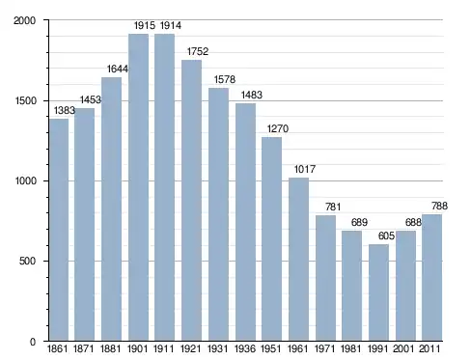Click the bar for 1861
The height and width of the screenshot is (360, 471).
(59, 230)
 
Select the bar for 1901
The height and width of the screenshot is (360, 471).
(138, 187)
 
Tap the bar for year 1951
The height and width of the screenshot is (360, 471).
(271, 239)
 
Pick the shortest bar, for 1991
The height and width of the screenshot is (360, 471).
(378, 292)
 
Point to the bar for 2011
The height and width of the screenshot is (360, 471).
(431, 278)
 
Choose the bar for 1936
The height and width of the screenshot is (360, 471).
(245, 222)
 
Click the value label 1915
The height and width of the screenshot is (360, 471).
(145, 25)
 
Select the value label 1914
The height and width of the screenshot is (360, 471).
(171, 25)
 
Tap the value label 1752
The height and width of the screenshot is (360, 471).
(198, 51)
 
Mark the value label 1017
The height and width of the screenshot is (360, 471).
(305, 169)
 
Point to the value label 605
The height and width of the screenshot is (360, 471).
(386, 236)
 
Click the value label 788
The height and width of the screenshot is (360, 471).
(439, 207)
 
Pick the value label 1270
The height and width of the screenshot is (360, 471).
(278, 129)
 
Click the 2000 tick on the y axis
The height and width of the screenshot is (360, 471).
(24, 20)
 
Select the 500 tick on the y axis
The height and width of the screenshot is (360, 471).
(27, 261)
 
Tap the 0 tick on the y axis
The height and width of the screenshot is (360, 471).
(33, 342)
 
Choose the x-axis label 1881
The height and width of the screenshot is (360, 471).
(110, 349)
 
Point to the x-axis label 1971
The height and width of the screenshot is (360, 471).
(324, 349)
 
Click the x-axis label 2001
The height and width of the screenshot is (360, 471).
(403, 349)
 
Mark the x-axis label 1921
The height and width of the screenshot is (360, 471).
(190, 349)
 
